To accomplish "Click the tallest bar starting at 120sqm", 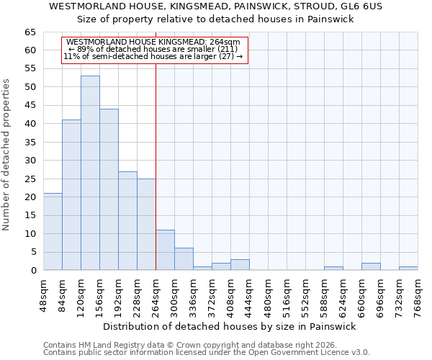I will (x=90, y=173).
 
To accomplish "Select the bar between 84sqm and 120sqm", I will (x=71, y=194).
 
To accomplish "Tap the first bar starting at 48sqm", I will (x=53, y=231).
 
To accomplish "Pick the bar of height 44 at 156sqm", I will (x=109, y=189).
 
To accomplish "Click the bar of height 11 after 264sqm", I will (x=165, y=250).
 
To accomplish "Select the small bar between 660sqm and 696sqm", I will (x=371, y=266).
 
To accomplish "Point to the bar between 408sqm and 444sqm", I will (x=240, y=264).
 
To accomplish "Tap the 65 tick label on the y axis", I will (x=30, y=32).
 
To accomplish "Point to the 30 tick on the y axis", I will (x=30, y=161).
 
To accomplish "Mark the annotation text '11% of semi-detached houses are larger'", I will (x=153, y=56).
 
